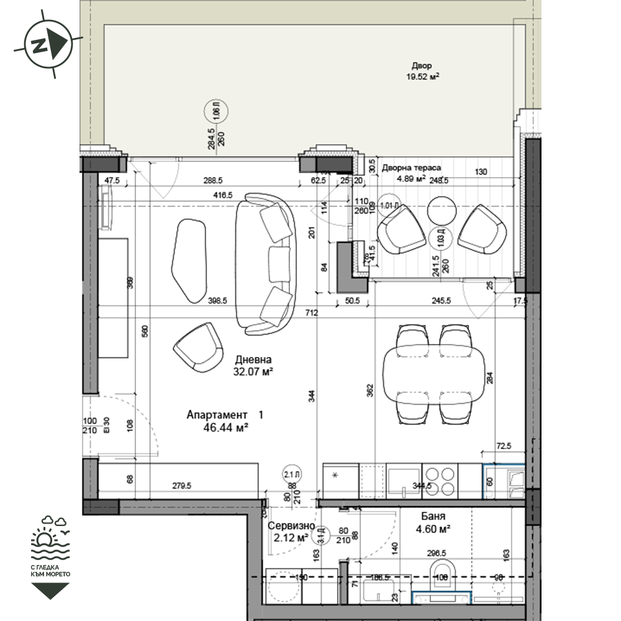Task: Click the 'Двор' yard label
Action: tap(421, 66)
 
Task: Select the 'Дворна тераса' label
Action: tap(412, 168)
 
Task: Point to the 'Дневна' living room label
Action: tap(253, 360)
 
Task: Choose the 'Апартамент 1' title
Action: tap(225, 414)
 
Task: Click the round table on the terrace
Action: tap(443, 211)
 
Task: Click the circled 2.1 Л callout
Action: tap(291, 473)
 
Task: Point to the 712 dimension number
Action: tap(311, 312)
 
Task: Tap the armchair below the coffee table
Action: tap(198, 348)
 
